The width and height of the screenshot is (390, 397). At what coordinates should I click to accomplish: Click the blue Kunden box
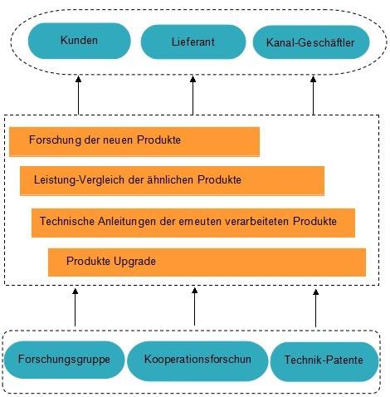[79, 41]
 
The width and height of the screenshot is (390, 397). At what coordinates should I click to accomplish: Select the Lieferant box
[193, 42]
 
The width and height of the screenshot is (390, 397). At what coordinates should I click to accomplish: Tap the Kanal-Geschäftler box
[311, 42]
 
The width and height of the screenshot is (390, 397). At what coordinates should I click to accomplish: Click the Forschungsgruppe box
[64, 360]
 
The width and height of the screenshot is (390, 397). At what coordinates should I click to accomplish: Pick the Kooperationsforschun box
[197, 360]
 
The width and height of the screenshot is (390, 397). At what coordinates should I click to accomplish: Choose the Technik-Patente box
[324, 361]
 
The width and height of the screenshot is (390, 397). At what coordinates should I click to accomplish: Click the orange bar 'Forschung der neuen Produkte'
[134, 142]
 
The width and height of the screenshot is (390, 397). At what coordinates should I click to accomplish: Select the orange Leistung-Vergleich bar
[172, 181]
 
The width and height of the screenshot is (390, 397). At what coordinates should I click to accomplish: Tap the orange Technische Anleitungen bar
[193, 223]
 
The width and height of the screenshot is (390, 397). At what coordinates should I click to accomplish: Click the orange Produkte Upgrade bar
[207, 262]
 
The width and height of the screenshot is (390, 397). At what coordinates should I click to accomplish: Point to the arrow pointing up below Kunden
[78, 95]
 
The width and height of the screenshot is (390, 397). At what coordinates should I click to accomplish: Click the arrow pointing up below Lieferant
[193, 95]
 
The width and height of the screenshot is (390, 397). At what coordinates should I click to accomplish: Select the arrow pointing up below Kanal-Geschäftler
[313, 95]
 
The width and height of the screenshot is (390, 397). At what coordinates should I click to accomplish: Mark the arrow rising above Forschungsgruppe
[75, 307]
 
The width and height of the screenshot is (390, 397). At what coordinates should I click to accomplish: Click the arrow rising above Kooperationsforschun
[194, 306]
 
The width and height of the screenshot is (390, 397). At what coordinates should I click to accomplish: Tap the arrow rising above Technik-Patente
[315, 308]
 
